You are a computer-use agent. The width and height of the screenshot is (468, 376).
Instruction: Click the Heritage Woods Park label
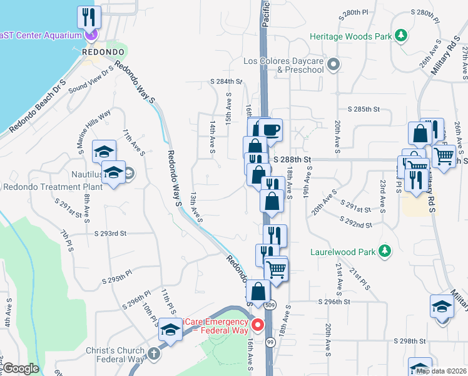[353, 37]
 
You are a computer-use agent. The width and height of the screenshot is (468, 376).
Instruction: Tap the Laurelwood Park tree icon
[386, 252]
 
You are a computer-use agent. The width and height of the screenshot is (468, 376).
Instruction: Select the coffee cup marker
[270, 130]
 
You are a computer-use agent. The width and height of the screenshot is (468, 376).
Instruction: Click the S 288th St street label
[292, 160]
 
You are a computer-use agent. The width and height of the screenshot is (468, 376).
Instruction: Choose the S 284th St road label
[226, 81]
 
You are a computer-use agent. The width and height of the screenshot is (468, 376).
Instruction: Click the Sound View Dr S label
[91, 79]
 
